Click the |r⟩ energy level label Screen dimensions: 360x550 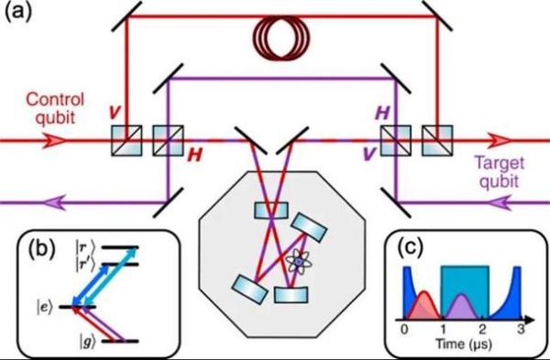(x=74, y=248)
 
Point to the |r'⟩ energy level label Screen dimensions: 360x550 (x=75, y=264)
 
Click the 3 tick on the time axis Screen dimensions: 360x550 (x=522, y=328)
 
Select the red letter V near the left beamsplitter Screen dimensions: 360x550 (x=109, y=115)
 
